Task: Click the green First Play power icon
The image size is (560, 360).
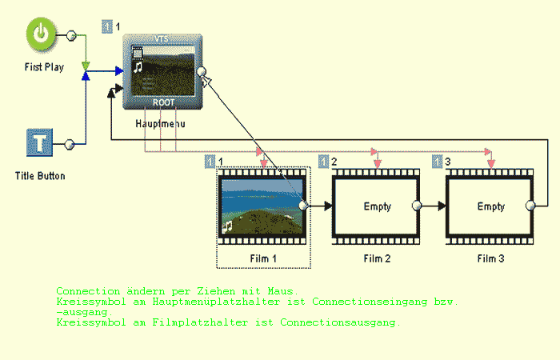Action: coord(43,35)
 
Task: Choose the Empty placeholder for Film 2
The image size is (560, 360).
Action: coord(377,206)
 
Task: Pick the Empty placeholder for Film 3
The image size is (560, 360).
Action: coord(490,206)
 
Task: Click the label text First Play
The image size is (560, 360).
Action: coord(44,67)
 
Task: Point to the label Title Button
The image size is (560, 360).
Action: coord(40,175)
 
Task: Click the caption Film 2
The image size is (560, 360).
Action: coord(377,258)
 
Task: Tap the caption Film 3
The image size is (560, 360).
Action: coord(490,258)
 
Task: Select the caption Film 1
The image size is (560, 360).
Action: coord(263,258)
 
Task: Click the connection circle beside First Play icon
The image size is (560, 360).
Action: coord(70,36)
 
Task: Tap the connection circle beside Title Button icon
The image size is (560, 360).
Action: coord(70,144)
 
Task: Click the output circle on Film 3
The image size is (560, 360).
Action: coord(530,206)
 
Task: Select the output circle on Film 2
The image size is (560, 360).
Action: coord(416,206)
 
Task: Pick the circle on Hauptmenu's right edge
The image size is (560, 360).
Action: coord(202,71)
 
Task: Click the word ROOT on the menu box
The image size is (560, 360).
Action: coord(163,102)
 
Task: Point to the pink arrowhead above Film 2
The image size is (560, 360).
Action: coord(377,163)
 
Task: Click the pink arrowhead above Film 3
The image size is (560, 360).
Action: coord(490,163)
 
